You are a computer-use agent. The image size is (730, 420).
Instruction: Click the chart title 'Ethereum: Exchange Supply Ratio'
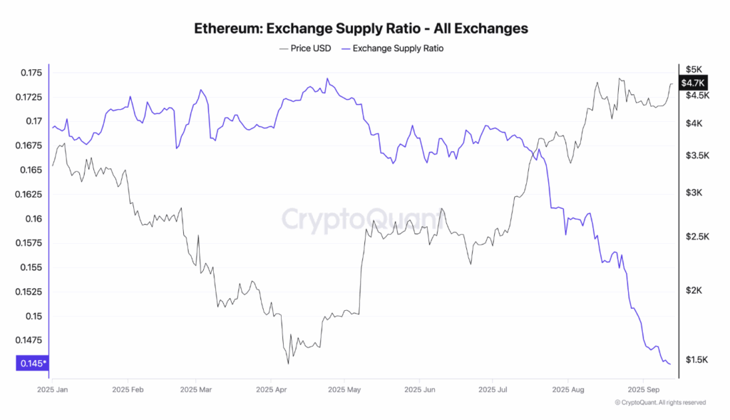(x=361, y=29)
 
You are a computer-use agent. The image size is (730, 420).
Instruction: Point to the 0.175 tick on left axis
(x=31, y=73)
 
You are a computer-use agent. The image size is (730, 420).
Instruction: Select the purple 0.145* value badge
(x=33, y=364)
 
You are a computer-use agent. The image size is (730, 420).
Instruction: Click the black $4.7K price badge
(x=693, y=83)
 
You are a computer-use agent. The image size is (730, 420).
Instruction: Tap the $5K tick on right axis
(x=694, y=69)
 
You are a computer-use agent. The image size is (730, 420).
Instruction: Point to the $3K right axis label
(x=694, y=193)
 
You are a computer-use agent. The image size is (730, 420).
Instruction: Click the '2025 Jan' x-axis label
(x=52, y=390)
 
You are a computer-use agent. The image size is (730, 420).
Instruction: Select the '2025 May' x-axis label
(x=344, y=390)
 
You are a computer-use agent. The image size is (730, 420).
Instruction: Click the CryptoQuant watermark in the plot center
(x=364, y=219)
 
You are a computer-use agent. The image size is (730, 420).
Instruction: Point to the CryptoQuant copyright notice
(x=660, y=403)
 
